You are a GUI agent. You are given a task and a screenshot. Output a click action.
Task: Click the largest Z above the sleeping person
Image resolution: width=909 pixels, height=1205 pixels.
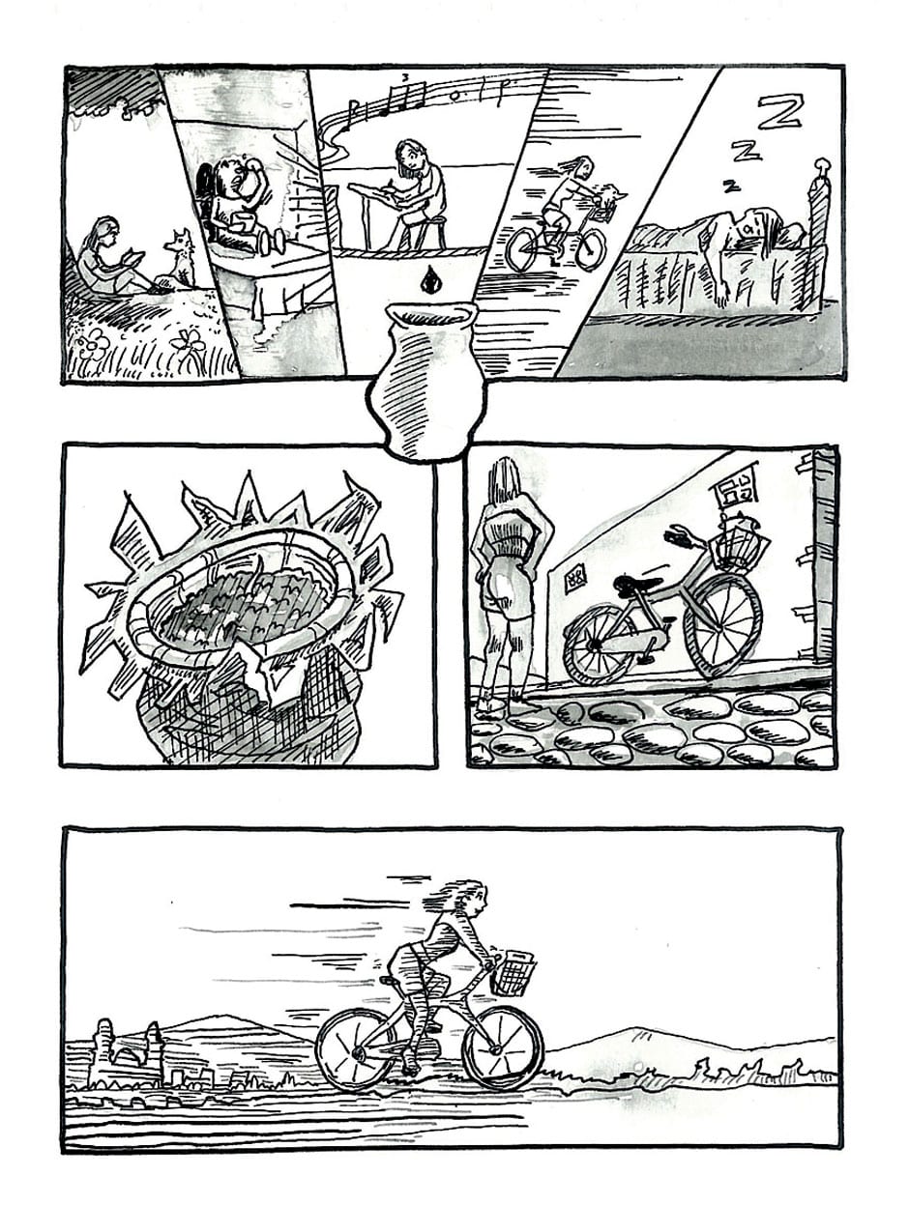tap(780, 113)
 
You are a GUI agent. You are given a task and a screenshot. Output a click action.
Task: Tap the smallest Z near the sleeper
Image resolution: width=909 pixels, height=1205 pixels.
tap(730, 186)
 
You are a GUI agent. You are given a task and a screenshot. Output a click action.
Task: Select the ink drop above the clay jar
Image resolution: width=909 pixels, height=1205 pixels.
tap(427, 280)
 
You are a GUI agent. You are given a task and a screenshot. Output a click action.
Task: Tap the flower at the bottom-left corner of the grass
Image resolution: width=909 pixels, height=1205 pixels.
tap(92, 342)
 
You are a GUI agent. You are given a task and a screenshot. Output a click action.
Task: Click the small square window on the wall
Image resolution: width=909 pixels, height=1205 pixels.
tap(575, 578)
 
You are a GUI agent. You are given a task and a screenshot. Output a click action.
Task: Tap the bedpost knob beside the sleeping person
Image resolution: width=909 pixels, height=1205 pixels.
tap(822, 166)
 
